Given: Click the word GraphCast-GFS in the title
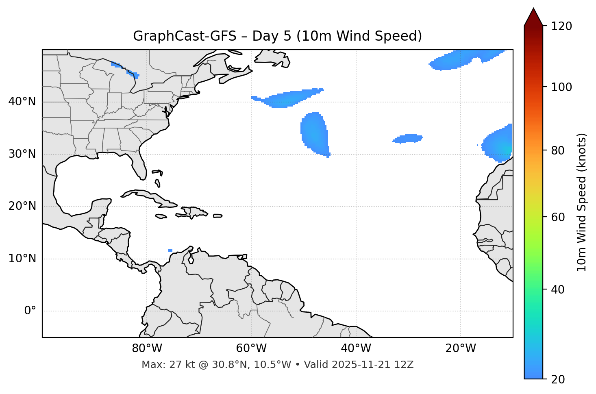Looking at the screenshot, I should coord(185,36).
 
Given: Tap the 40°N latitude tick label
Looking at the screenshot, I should coord(22,102).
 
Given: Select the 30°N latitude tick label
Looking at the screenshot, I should coord(22,154).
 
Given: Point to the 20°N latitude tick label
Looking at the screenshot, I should coord(22,206).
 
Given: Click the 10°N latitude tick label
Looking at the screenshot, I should coord(22,259).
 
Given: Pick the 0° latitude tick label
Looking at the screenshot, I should coord(30,311).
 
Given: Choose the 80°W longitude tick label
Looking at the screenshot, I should coord(147,348).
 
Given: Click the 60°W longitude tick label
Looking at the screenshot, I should coord(251,348).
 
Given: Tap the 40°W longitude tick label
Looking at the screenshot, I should coord(356,348).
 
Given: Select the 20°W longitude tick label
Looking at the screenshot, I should coord(460,348).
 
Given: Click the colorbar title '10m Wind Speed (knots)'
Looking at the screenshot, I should coord(582,202).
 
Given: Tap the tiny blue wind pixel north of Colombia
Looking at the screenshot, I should coord(170,250).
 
